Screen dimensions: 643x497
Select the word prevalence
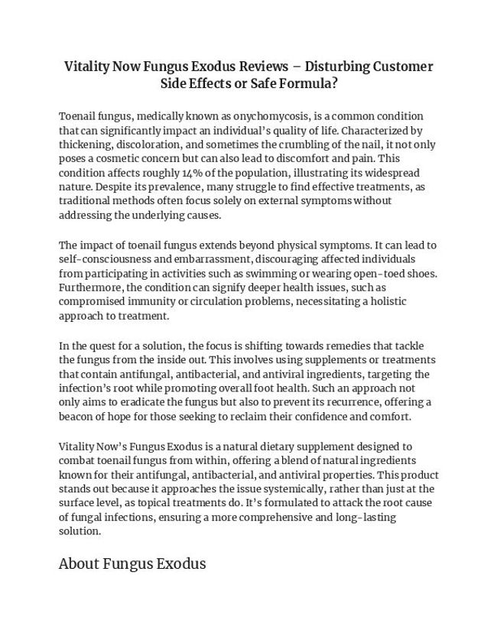(167, 187)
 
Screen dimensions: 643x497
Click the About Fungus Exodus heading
(132, 565)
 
